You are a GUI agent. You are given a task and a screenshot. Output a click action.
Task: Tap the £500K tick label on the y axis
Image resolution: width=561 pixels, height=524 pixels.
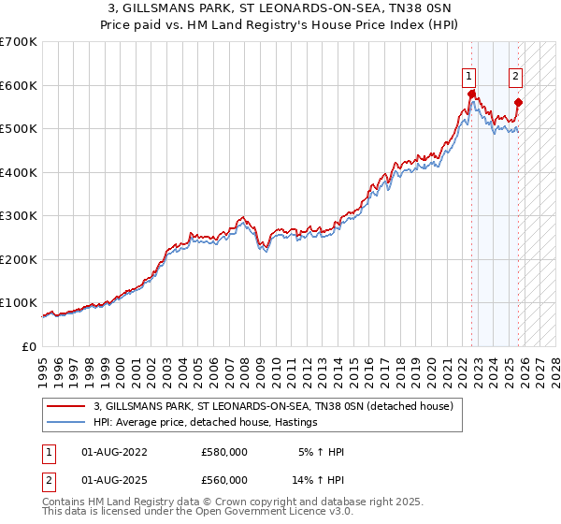pyautogui.click(x=18, y=128)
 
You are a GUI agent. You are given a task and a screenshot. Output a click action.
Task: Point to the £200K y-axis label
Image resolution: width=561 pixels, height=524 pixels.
pyautogui.click(x=18, y=259)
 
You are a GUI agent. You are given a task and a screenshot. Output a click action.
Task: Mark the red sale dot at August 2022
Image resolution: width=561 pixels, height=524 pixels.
pyautogui.click(x=471, y=94)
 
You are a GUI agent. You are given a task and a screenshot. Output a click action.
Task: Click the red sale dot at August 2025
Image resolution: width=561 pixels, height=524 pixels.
pyautogui.click(x=519, y=103)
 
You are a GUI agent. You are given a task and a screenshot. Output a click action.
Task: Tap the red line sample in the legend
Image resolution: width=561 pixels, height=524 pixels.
pyautogui.click(x=67, y=406)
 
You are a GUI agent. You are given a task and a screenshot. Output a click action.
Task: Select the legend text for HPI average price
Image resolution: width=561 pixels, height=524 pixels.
pyautogui.click(x=206, y=423)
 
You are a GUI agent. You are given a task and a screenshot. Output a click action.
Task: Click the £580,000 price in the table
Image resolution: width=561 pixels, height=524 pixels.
pyautogui.click(x=224, y=451)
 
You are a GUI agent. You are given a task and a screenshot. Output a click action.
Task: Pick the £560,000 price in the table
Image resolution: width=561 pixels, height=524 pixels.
pyautogui.click(x=224, y=479)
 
